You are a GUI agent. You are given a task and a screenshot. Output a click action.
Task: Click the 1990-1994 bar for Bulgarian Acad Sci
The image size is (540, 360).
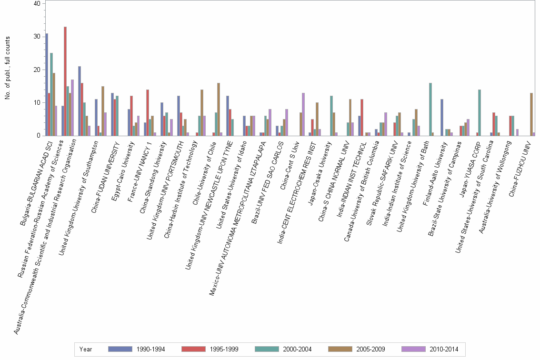(x=47, y=84)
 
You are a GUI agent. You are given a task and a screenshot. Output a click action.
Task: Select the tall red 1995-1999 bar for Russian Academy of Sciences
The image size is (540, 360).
(x=65, y=81)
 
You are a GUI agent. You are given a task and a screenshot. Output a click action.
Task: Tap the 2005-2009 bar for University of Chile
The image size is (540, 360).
(x=219, y=109)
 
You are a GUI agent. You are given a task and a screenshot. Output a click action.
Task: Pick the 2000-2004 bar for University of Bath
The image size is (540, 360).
(x=430, y=109)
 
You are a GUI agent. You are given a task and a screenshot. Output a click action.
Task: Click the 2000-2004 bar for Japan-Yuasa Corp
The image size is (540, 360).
(x=480, y=112)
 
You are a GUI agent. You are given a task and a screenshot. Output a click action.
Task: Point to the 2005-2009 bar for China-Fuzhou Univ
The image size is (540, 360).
(x=531, y=114)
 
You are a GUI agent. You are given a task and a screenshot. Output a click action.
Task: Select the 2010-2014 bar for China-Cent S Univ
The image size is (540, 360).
(x=303, y=114)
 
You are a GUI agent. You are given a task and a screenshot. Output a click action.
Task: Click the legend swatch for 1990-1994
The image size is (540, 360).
(x=120, y=349)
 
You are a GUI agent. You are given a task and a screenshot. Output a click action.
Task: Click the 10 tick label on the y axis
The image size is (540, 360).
(x=37, y=102)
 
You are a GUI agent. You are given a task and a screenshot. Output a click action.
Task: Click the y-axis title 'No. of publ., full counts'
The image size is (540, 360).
(x=8, y=69)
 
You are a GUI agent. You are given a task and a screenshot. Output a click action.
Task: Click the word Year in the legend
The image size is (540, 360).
(x=86, y=349)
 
